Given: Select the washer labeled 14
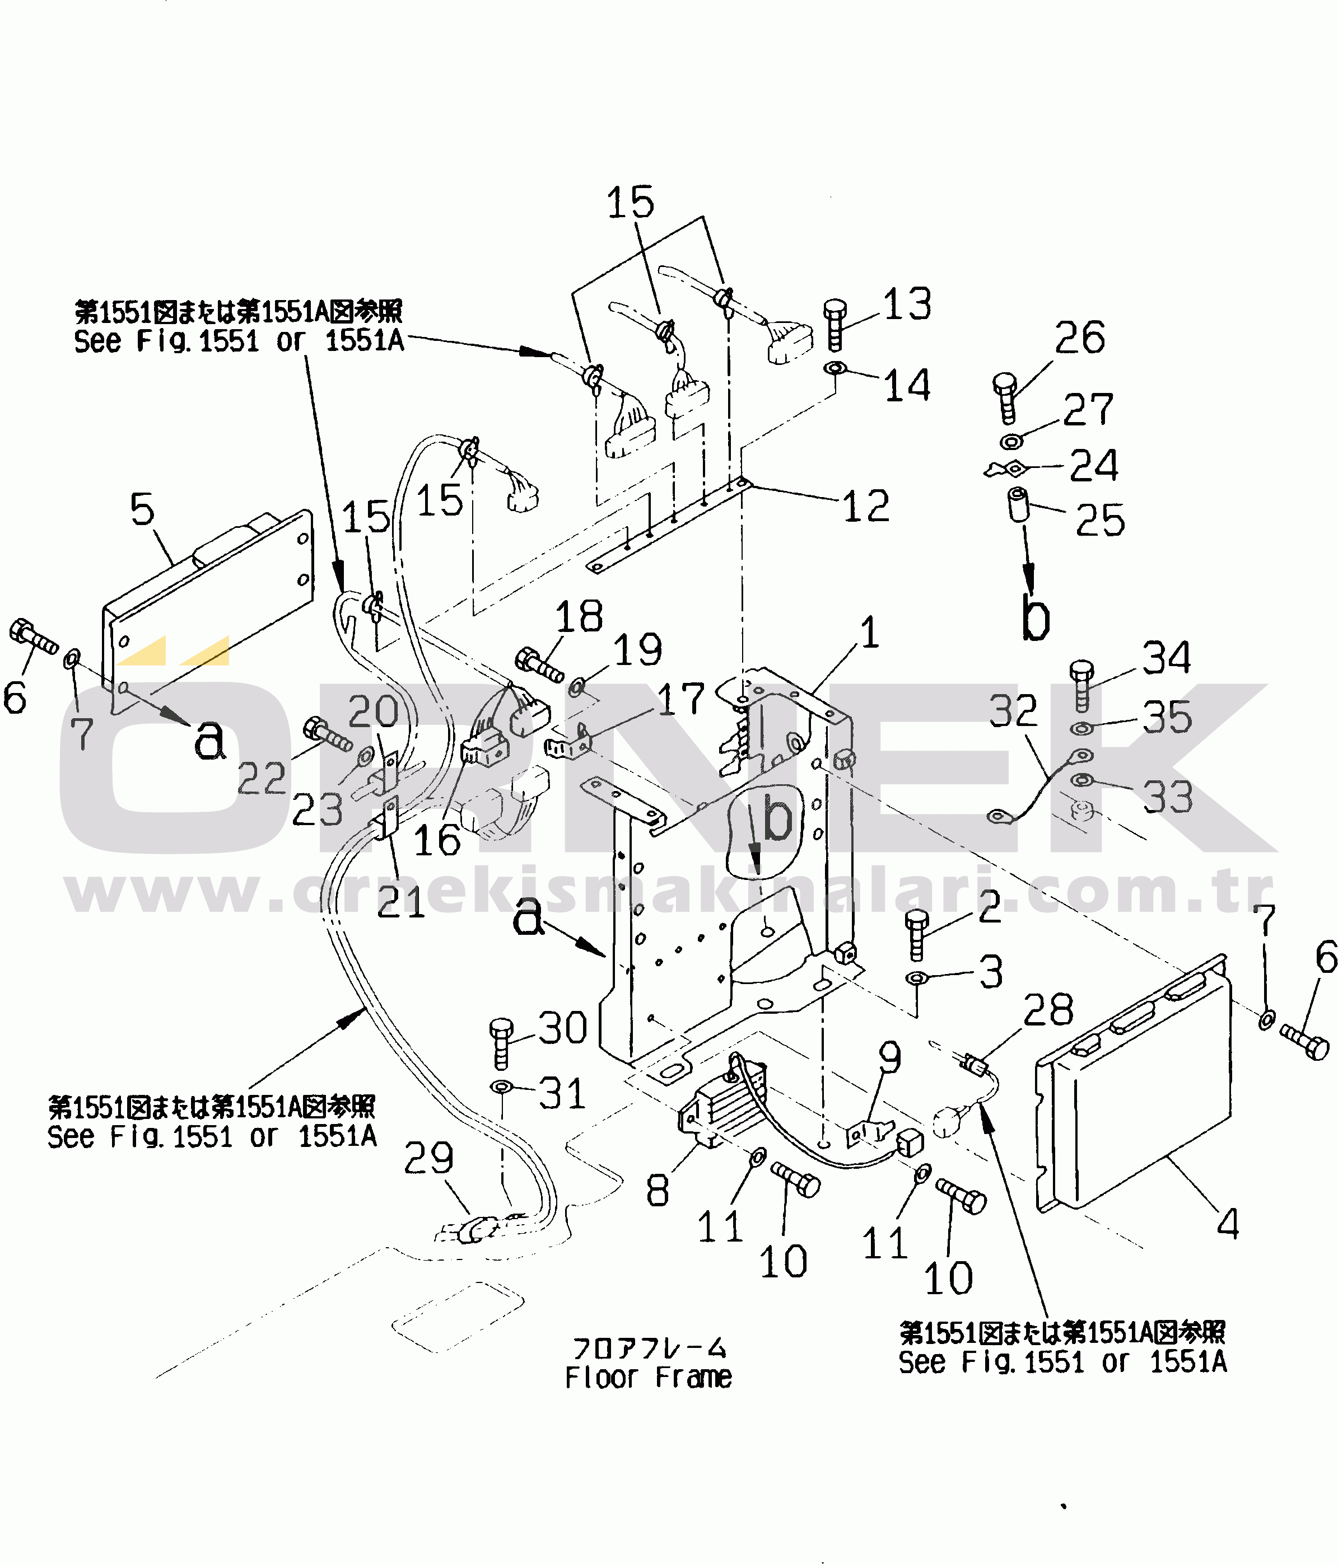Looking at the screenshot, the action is [x=835, y=369].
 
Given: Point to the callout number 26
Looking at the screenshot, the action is [x=1080, y=338].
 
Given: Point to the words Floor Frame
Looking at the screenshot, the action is [x=648, y=1378].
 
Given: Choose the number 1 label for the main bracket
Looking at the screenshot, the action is [x=870, y=632].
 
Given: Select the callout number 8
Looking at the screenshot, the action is [x=657, y=1191].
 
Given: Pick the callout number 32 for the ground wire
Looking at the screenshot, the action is [x=1013, y=711].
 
